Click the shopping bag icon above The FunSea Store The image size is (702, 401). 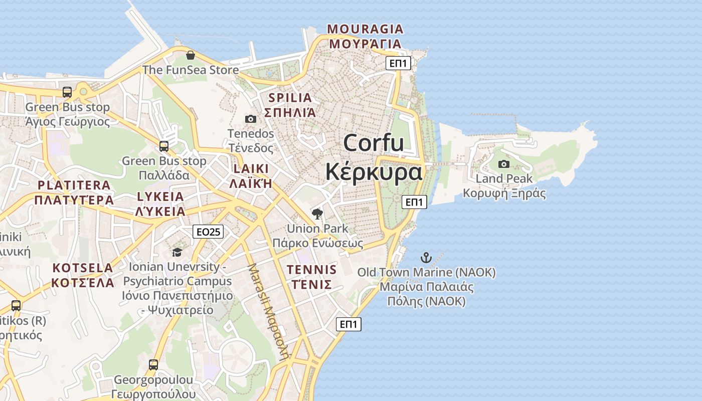190,55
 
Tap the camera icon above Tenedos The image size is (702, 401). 251,119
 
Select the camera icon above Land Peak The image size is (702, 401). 504,164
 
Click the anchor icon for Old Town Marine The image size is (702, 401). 426,258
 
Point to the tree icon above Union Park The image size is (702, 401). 317,214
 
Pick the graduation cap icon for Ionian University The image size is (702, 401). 177,252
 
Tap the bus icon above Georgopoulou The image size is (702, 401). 153,365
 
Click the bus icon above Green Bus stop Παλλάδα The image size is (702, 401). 164,146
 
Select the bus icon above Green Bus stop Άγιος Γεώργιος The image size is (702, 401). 67,92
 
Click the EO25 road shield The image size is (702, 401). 208,232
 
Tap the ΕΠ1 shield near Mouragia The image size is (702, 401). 399,63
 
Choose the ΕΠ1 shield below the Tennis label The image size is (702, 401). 348,324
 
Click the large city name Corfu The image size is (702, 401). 374,143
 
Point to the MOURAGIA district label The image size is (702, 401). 365,29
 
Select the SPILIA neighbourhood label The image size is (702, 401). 290,98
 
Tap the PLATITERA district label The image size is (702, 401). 74,185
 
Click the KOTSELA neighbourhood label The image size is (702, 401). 83,268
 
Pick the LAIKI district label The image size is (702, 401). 251,168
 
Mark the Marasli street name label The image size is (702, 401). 269,311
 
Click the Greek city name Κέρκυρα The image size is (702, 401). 374,172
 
